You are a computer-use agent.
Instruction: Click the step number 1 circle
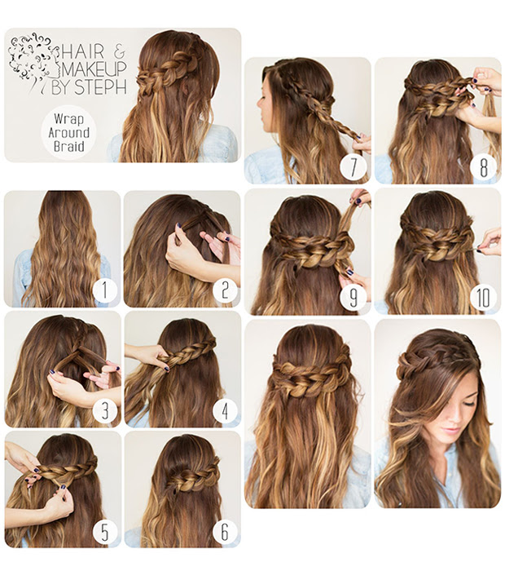[105, 291]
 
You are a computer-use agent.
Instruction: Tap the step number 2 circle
[225, 291]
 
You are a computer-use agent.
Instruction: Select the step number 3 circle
[105, 410]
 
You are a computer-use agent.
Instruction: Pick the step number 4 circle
[225, 410]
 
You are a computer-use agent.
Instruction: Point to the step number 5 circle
[105, 532]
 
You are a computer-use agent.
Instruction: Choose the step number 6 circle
[225, 532]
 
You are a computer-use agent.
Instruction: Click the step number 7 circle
[353, 167]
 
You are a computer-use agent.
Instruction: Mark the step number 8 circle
[483, 167]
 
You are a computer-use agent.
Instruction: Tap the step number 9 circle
[353, 298]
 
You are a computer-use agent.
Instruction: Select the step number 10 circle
[483, 298]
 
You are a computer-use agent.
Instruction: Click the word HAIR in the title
[83, 51]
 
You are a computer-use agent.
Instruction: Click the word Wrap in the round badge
[68, 119]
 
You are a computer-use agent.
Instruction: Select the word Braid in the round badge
[69, 146]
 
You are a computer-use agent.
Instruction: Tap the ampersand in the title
[120, 53]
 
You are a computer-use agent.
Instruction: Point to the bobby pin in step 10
[477, 249]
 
